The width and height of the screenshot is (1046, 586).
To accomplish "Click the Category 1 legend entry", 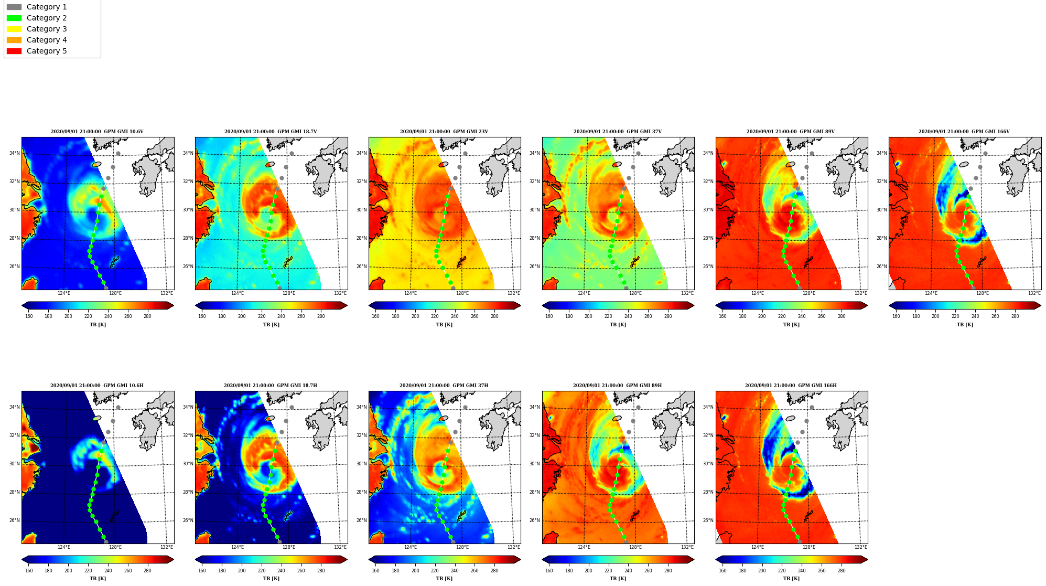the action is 37,7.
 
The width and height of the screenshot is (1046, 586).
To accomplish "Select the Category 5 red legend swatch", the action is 14,51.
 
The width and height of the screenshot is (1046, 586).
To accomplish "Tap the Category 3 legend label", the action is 47,29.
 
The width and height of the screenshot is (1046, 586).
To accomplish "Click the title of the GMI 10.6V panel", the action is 97,132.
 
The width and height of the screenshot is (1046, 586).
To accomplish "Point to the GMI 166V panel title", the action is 964,132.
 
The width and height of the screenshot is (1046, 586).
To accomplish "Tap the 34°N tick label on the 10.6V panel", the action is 14,153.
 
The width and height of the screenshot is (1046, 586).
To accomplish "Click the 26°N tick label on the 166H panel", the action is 708,520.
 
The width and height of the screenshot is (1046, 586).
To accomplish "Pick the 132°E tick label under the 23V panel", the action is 513,293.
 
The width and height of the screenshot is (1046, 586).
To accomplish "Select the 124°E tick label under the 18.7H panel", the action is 237,547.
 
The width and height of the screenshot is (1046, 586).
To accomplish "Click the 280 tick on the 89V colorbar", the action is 842,316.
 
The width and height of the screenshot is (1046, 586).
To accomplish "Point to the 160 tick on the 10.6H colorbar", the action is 29,570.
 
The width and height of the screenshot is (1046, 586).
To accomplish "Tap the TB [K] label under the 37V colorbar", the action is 618,325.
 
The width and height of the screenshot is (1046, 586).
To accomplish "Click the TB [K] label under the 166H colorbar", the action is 791,579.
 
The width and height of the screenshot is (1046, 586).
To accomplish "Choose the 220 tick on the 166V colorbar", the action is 955,316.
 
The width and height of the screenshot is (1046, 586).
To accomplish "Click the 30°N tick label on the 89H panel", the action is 535,464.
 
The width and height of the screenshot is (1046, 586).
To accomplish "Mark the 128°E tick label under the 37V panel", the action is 635,293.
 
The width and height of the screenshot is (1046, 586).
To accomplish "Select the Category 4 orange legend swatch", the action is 14,40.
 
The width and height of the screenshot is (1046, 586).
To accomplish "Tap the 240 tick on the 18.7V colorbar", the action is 281,316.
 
